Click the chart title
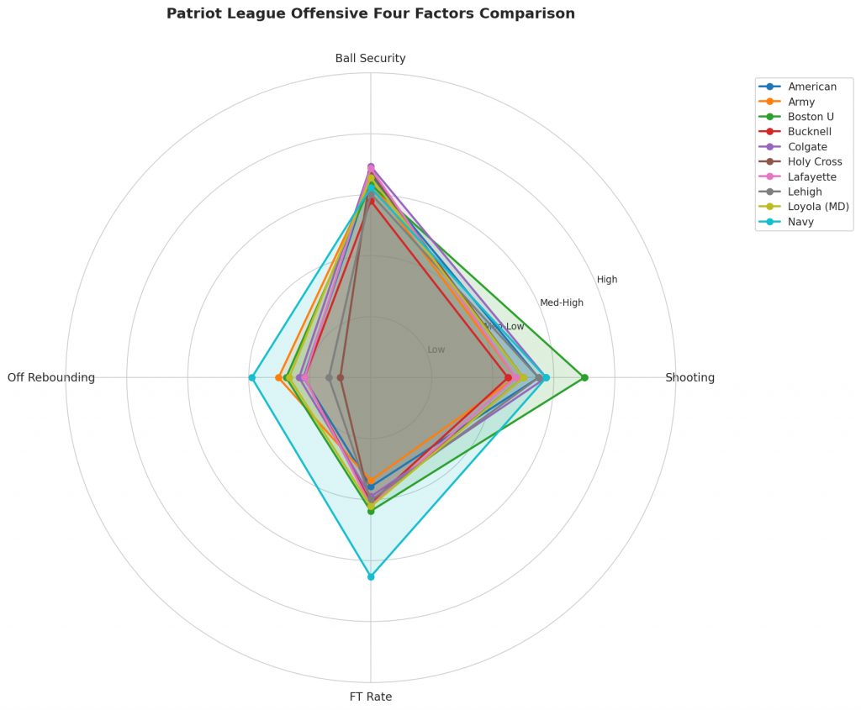point(371,13)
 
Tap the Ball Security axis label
point(371,58)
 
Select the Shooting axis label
point(689,377)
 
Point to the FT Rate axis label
point(371,697)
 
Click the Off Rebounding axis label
point(51,377)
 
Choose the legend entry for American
point(812,87)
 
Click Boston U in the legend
point(811,117)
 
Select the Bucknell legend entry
point(810,132)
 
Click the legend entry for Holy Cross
point(815,162)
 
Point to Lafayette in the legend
point(812,177)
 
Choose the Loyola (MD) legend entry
point(818,207)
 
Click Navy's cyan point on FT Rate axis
point(371,576)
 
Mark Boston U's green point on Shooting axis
point(584,377)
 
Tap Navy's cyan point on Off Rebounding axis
point(251,377)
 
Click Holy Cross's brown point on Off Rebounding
point(341,377)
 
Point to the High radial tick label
point(607,280)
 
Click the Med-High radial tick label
point(562,302)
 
